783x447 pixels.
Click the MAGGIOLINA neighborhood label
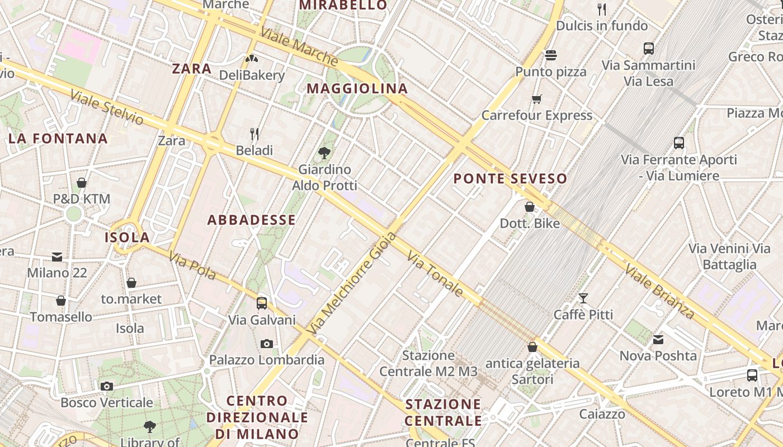(x=357, y=88)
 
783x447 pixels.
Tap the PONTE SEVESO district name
(x=510, y=179)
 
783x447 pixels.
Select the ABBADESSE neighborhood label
(x=252, y=220)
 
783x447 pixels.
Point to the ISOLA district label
(x=128, y=237)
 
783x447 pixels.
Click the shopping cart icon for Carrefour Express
(x=537, y=99)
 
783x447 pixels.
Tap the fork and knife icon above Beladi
(x=254, y=134)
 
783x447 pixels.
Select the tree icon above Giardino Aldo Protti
(x=324, y=153)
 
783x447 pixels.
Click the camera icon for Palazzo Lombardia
(x=267, y=344)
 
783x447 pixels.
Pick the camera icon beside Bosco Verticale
(x=107, y=386)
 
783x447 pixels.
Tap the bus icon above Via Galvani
(x=262, y=303)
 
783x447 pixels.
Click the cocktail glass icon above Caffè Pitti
(x=583, y=298)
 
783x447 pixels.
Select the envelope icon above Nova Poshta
(x=658, y=339)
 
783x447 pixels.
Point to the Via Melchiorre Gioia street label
(x=352, y=284)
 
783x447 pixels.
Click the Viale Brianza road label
(x=659, y=292)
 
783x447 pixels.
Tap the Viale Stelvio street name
(x=107, y=107)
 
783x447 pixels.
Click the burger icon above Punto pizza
(x=551, y=55)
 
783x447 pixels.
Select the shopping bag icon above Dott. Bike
(x=530, y=207)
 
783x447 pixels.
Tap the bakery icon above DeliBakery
(x=252, y=58)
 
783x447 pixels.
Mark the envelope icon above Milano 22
(x=57, y=257)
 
